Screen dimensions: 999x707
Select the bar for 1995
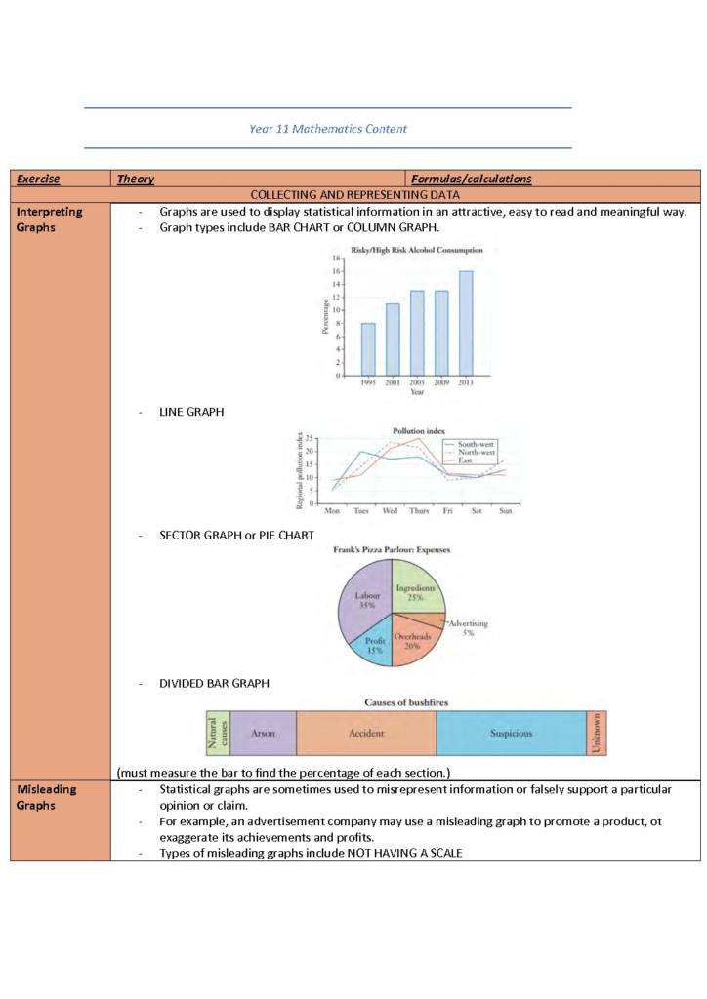click(368, 349)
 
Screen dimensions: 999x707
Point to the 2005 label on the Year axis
click(417, 382)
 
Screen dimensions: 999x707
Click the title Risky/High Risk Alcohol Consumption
click(417, 249)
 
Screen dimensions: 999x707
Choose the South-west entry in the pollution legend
click(476, 444)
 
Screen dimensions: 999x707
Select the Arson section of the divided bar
click(263, 733)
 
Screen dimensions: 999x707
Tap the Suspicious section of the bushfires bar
click(511, 733)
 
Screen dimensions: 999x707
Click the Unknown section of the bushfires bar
click(596, 733)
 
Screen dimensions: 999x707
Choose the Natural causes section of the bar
click(217, 733)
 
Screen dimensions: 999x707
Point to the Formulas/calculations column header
click(472, 179)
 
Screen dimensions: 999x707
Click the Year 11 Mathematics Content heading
click(328, 129)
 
